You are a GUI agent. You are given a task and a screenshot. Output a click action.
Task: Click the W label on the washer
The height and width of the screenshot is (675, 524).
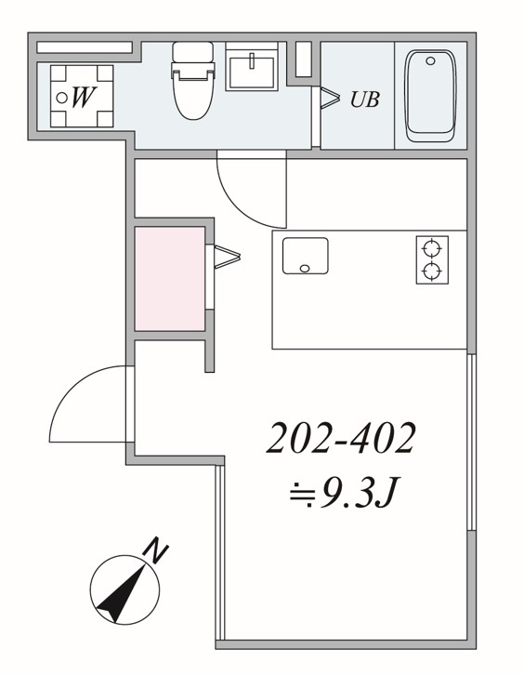point(84,98)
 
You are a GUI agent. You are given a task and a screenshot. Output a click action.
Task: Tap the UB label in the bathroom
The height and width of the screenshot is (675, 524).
point(365,99)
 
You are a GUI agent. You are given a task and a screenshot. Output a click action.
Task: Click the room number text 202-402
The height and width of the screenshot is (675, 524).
point(341,437)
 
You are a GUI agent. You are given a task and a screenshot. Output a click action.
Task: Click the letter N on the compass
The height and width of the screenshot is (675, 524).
point(155,550)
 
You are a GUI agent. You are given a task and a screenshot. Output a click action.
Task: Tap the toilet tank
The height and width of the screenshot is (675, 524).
point(192,52)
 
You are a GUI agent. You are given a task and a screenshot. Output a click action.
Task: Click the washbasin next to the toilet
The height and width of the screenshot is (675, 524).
point(252,71)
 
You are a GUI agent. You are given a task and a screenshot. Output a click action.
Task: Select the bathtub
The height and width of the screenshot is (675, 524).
point(430,96)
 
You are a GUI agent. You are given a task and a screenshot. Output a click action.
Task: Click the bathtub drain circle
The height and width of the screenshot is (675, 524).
point(431,61)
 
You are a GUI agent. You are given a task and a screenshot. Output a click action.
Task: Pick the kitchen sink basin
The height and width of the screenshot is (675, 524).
point(306,256)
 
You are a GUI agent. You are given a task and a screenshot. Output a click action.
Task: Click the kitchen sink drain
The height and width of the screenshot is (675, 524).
point(305,269)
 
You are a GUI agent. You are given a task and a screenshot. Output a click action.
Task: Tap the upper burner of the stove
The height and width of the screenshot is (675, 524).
point(432,248)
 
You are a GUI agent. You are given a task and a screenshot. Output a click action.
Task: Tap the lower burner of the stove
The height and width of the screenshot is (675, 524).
point(432,271)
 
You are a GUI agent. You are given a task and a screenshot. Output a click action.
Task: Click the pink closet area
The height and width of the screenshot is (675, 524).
point(170,279)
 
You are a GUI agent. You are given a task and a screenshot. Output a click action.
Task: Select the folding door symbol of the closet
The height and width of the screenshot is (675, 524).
point(227,257)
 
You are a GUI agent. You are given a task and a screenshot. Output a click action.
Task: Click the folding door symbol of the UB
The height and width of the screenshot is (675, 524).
point(331,99)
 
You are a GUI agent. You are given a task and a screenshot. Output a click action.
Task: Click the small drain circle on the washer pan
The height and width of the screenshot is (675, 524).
point(62,99)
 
